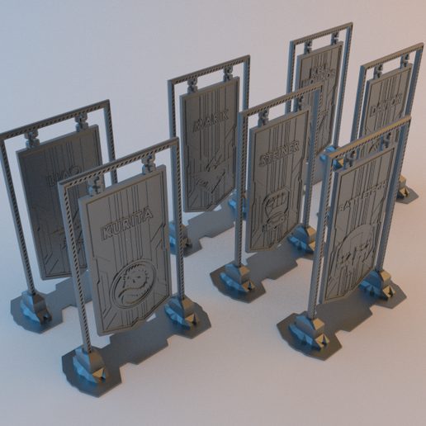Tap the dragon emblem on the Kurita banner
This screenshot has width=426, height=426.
tap(133, 285)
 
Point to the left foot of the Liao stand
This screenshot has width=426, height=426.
tap(33, 305)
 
